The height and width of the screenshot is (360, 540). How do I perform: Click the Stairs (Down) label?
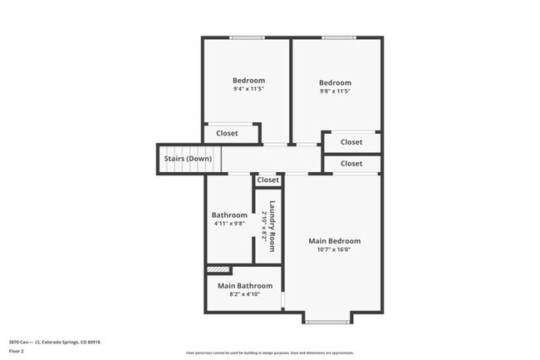click(x=187, y=159)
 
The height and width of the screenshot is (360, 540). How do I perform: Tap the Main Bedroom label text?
click(x=334, y=241)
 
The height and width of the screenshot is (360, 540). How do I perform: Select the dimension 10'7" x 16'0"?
click(x=334, y=250)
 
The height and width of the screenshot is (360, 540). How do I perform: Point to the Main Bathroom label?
click(x=245, y=285)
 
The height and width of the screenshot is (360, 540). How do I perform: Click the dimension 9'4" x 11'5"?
click(x=248, y=89)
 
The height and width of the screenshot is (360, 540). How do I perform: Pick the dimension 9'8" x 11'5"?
click(x=335, y=91)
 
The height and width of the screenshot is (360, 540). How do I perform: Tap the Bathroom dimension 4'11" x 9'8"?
click(x=229, y=223)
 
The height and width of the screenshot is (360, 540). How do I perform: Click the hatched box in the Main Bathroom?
click(x=218, y=269)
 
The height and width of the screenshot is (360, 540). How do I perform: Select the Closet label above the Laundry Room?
click(x=268, y=180)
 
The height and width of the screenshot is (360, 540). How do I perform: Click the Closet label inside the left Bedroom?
click(x=227, y=133)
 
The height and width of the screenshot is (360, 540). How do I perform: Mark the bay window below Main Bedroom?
click(x=328, y=320)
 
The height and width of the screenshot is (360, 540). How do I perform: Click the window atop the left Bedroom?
click(x=248, y=37)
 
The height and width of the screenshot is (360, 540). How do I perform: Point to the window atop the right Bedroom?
click(x=338, y=37)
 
